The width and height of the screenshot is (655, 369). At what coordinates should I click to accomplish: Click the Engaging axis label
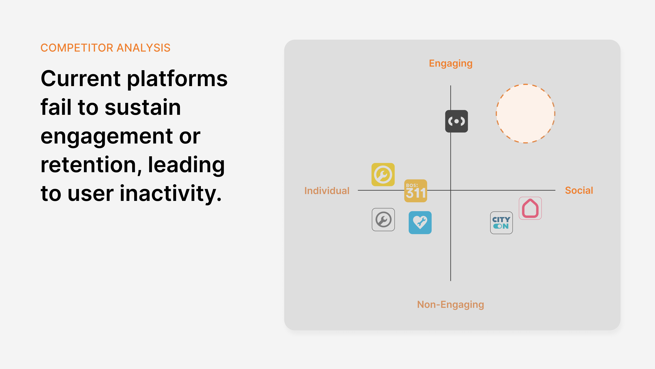pos(451,63)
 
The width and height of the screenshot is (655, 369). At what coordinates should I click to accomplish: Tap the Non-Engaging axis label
pos(451,305)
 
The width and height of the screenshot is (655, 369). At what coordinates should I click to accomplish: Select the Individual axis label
pos(327,191)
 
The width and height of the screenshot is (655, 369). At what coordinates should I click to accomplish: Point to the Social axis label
pos(579,190)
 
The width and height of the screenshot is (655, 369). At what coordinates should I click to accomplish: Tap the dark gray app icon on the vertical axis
pos(456,121)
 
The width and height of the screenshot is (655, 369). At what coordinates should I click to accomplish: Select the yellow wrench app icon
pos(383,174)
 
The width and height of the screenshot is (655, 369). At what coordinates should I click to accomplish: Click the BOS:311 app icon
pos(416,191)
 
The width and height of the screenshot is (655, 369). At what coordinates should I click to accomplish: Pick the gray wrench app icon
pos(383,220)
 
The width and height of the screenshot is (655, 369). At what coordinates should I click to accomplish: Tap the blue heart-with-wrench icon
pos(420,223)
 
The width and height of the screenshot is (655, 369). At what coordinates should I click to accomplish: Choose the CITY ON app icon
pos(501,223)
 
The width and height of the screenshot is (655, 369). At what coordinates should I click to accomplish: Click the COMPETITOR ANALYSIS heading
pos(105,48)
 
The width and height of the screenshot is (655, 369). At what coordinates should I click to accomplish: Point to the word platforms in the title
pos(177,79)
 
